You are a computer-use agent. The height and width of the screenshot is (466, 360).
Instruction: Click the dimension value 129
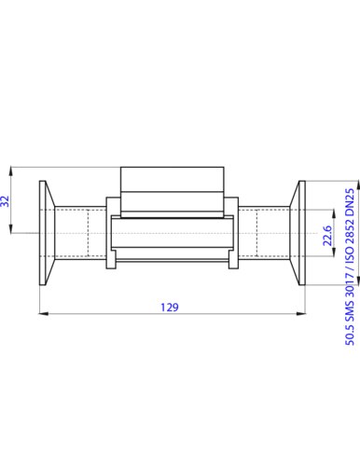pos(170,308)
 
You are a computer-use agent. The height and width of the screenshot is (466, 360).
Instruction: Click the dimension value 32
pos(6,201)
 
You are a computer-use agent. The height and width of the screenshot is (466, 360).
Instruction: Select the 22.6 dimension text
pos(327,236)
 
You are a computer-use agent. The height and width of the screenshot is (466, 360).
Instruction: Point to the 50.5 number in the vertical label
pos(350,335)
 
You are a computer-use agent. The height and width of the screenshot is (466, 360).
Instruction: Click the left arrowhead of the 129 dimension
pos(44,314)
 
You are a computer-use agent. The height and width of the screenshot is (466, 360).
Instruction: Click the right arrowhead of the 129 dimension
pos(301,314)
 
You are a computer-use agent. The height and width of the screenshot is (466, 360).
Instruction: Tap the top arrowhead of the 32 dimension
pos(11,171)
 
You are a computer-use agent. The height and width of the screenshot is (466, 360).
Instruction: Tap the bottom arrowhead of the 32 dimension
pos(11,228)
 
